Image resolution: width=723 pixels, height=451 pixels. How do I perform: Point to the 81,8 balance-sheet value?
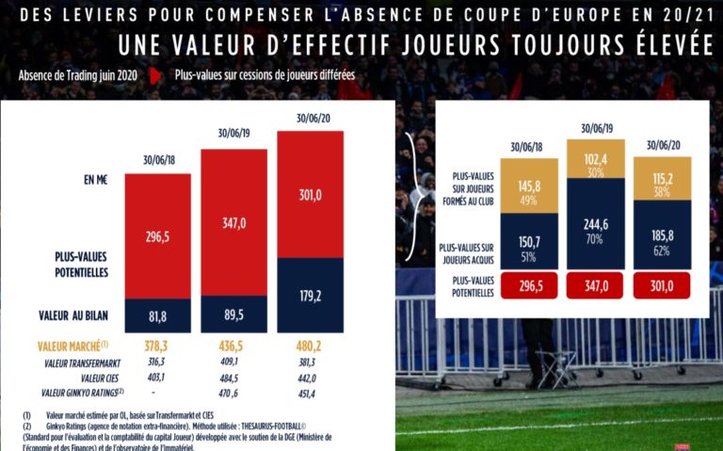point(158,315)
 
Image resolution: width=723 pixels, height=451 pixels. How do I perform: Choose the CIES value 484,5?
point(234,378)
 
